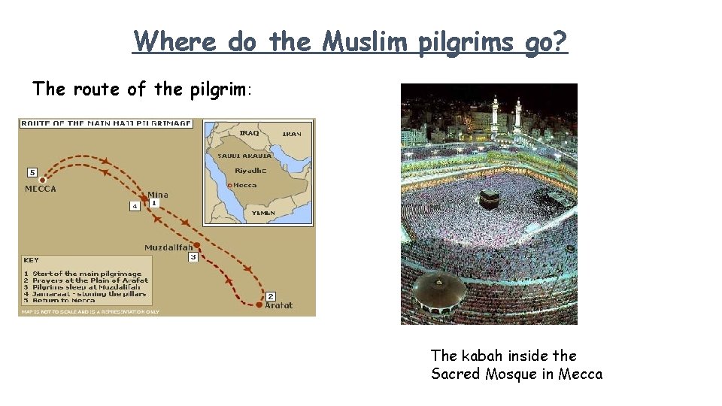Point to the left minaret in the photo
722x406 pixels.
pos(495,113)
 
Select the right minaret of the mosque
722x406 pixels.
pos(517,114)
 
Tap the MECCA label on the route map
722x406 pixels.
pos(41,189)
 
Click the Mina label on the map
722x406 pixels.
pos(158,195)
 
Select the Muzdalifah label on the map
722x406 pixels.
pos(168,247)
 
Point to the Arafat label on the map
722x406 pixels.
pos(278,305)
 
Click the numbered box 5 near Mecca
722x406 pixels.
pos(32,172)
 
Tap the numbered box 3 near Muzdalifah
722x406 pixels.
pos(193,257)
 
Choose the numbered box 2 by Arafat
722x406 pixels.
pos(271,295)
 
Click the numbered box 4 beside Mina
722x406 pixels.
pos(135,205)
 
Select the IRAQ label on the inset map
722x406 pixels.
pos(249,133)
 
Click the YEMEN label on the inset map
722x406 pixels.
pos(263,214)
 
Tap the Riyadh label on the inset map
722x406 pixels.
pos(250,171)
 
